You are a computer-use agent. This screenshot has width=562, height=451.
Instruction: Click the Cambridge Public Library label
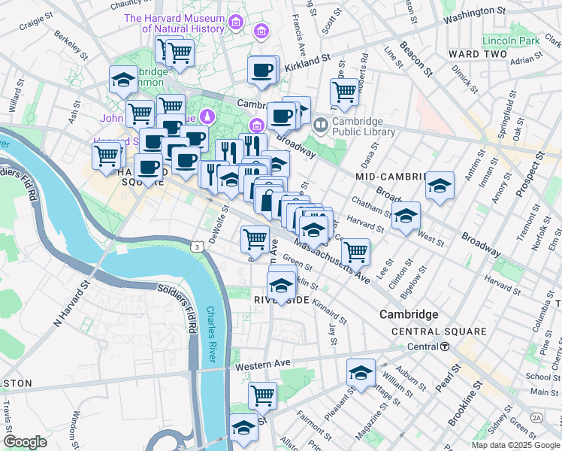point(364,126)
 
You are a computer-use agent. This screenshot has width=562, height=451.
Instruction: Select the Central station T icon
point(445,347)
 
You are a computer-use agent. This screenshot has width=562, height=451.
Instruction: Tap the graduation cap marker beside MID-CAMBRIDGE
point(440,186)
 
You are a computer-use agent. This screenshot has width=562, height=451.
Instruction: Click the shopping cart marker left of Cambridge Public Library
point(344,92)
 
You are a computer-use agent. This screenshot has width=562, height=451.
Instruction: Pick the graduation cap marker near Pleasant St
point(361,372)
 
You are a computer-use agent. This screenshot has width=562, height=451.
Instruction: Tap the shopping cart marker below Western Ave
point(262,394)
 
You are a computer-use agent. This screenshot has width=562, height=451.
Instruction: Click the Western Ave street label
point(262,365)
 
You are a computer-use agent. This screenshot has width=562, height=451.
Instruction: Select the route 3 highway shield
point(195,246)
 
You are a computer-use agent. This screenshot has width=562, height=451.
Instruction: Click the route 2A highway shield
point(536,417)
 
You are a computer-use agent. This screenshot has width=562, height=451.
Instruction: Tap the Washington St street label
point(473,13)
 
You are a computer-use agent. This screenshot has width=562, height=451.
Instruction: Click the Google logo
point(25,442)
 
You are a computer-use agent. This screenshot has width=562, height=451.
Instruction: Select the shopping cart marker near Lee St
point(355,252)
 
